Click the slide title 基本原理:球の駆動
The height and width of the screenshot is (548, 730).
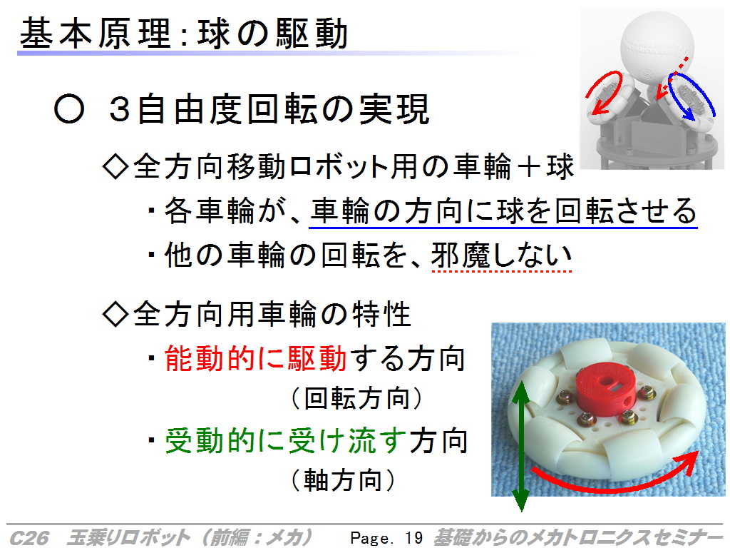184,34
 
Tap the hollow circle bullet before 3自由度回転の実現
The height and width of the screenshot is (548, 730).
69,109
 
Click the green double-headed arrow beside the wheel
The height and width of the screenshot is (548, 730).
521,446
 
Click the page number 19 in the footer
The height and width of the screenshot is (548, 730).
413,538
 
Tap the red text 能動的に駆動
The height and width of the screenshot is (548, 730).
256,359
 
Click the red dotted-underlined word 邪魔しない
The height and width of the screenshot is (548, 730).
501,255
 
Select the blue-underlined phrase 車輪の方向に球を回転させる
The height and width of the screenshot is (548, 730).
503,211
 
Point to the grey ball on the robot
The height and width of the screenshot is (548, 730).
657,49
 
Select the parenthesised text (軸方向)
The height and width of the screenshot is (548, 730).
343,480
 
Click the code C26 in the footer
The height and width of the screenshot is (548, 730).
29,538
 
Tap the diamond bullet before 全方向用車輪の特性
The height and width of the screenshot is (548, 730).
115,314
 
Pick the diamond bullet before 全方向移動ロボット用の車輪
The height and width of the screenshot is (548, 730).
115,166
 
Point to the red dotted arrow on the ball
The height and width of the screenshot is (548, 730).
672,78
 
